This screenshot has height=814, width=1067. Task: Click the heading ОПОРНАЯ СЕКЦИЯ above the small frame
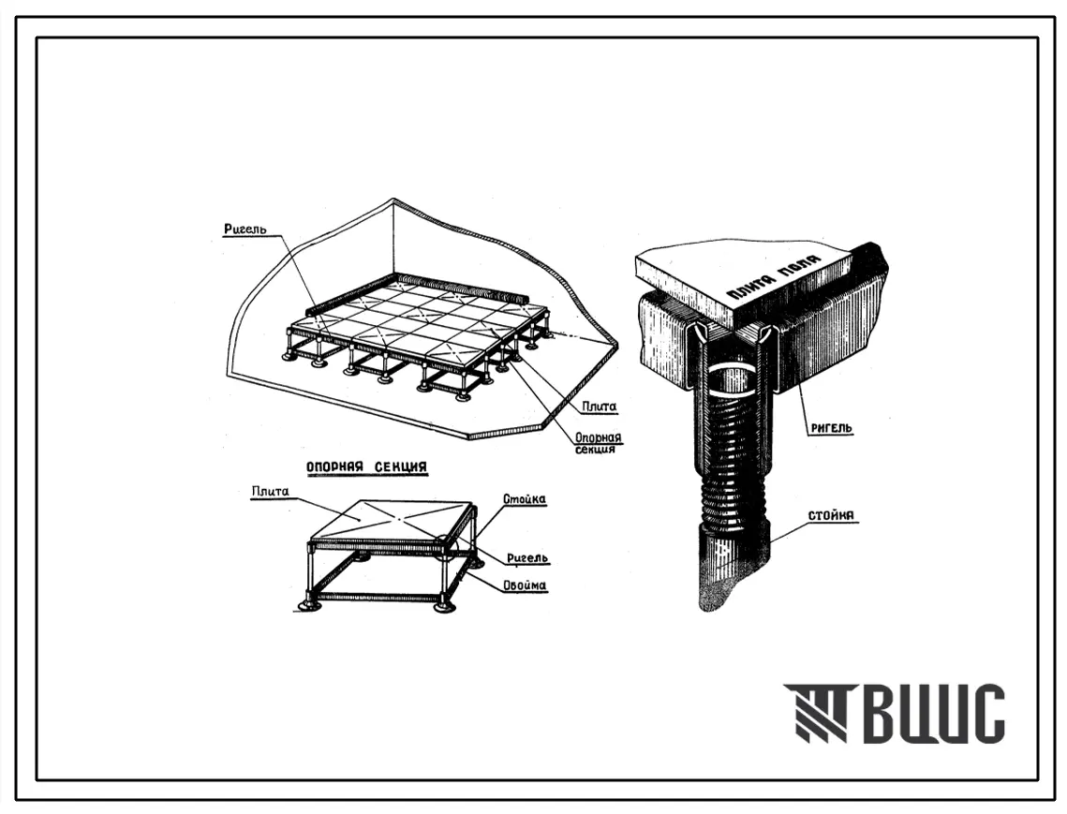pyautogui.click(x=367, y=466)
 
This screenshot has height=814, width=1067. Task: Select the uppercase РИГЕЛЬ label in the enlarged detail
pyautogui.click(x=831, y=428)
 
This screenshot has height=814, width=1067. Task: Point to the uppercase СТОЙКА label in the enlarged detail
pyautogui.click(x=833, y=515)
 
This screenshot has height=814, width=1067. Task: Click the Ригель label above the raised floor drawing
pyautogui.click(x=245, y=229)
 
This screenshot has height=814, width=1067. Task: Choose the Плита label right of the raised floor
pyautogui.click(x=599, y=407)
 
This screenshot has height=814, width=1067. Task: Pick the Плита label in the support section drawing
pyautogui.click(x=270, y=492)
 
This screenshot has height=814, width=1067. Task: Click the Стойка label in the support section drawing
pyautogui.click(x=524, y=499)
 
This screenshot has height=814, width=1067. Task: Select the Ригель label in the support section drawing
pyautogui.click(x=527, y=559)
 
